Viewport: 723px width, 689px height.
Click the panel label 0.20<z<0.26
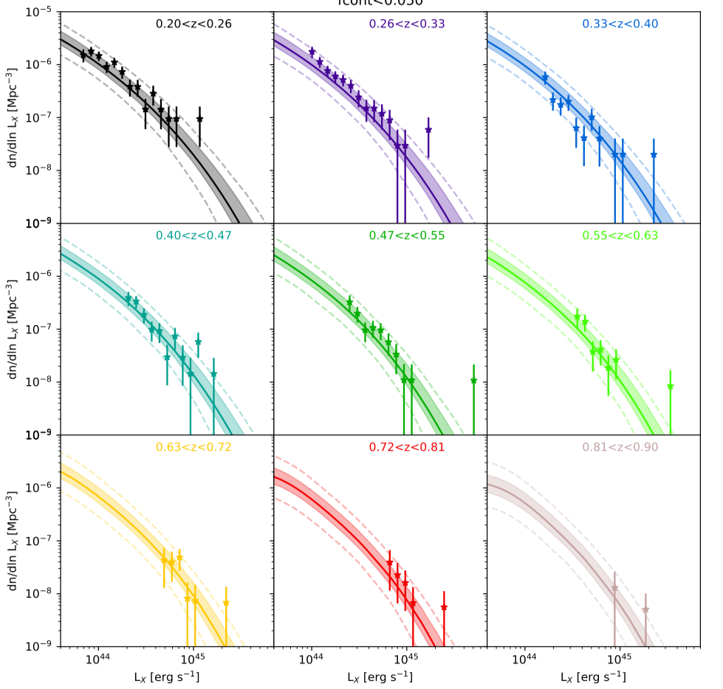click(193, 24)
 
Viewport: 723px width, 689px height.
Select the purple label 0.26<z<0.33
click(407, 24)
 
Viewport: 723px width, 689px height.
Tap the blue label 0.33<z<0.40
click(620, 24)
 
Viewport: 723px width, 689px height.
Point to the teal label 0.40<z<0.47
click(193, 236)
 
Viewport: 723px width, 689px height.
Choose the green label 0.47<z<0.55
click(407, 236)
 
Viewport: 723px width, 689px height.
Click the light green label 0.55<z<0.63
click(620, 236)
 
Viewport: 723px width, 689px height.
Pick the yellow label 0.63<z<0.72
click(193, 447)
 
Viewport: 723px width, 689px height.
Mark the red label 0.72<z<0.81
click(407, 447)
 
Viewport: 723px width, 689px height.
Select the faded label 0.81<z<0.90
click(620, 447)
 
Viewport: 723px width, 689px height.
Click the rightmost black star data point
click(199, 119)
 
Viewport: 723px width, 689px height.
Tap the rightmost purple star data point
click(428, 130)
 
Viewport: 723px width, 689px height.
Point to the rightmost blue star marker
click(654, 155)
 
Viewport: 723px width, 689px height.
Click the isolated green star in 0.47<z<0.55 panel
click(473, 381)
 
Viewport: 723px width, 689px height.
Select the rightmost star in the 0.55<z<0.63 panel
click(670, 387)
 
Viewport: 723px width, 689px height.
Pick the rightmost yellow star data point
click(226, 603)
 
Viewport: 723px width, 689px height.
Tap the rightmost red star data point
click(444, 608)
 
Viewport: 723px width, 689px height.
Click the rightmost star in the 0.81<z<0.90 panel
click(645, 610)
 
